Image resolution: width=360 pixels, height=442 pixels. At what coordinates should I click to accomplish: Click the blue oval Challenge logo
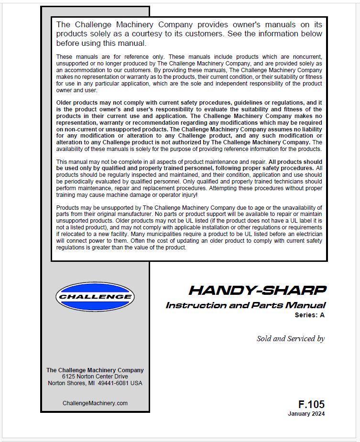click(x=95, y=297)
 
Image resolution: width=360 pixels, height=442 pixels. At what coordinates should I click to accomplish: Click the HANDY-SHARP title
click(x=257, y=290)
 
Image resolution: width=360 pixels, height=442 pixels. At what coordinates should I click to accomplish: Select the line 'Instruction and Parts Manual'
click(x=245, y=305)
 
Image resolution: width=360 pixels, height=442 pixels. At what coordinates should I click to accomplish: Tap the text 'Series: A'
click(x=309, y=315)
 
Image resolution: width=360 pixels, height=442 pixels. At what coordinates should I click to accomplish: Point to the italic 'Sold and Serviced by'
click(x=290, y=339)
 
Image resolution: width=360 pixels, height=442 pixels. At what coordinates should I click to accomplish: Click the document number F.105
click(x=311, y=404)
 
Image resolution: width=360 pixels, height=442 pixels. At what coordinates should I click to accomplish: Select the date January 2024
click(x=306, y=414)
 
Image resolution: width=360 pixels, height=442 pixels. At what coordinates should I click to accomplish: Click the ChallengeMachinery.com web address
click(x=95, y=403)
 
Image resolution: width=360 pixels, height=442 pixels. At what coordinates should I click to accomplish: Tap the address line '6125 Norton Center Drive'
click(x=95, y=377)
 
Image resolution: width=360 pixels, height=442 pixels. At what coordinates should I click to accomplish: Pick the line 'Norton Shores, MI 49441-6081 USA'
click(x=95, y=383)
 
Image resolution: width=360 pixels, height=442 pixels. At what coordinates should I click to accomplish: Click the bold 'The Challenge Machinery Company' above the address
click(x=95, y=370)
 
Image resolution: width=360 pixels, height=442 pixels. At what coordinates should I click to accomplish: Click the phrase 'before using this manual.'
click(x=101, y=43)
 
